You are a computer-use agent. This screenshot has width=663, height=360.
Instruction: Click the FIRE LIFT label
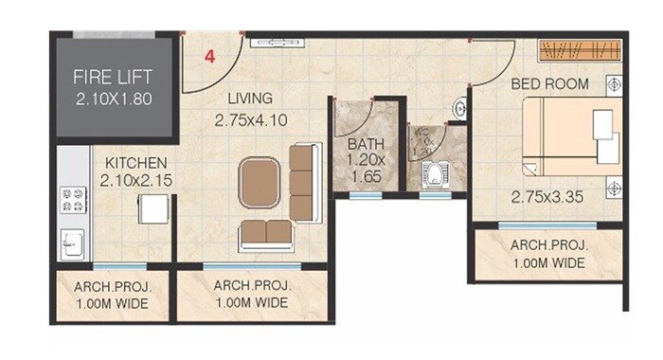coord(114,77)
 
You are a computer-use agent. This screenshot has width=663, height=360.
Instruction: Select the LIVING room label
coord(250,99)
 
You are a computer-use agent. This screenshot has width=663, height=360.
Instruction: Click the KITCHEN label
coord(136,163)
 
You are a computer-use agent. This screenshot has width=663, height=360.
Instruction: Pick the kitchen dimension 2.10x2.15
coord(136,181)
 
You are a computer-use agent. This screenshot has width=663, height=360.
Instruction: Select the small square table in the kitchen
coord(153,208)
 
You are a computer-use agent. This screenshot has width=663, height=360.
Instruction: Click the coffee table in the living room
coord(260,183)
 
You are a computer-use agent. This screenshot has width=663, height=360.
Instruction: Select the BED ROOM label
coord(549,83)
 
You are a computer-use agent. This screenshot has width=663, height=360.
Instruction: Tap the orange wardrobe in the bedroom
coord(580,50)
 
